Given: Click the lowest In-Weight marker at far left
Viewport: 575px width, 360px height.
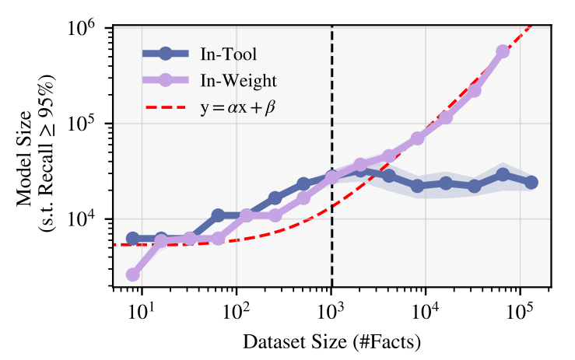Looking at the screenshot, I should pos(133,274).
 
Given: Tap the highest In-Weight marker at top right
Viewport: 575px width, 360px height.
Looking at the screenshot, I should pos(503,51).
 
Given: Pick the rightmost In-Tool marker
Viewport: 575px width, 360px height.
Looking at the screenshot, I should pos(531,182).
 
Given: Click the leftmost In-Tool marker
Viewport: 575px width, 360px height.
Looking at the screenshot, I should pos(133,239).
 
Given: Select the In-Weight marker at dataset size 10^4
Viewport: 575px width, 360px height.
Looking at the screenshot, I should pos(418,138).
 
